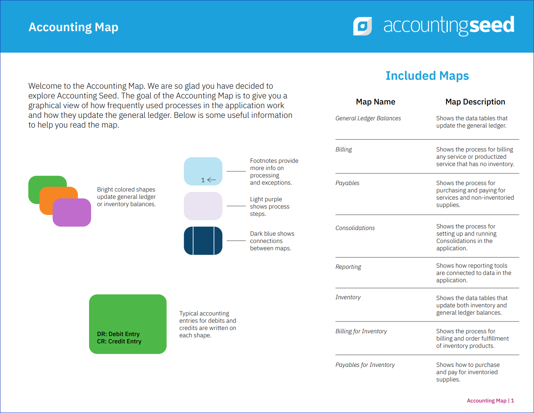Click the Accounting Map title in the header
(73, 27)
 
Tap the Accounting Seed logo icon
(362, 26)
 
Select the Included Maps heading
(427, 76)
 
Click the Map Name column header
(375, 102)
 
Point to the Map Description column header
(475, 102)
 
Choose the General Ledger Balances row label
(368, 118)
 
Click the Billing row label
(344, 149)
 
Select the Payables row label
(347, 183)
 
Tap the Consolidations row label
(355, 228)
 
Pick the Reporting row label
(348, 267)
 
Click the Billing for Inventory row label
(361, 331)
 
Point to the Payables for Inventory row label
(365, 365)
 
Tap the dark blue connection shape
(203, 241)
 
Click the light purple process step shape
(203, 206)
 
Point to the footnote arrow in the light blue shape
(211, 180)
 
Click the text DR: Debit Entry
(118, 334)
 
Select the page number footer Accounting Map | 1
(490, 400)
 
